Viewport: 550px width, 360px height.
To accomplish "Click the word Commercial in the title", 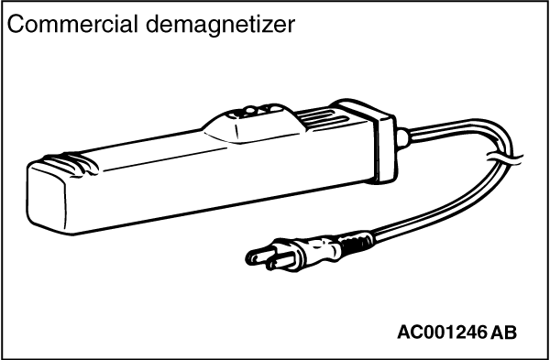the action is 72,25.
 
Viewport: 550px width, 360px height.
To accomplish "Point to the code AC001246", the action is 442,332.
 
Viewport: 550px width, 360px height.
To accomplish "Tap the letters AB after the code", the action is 504,332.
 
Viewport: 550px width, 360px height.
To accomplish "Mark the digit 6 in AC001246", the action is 481,332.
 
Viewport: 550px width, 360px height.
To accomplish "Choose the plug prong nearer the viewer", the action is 281,263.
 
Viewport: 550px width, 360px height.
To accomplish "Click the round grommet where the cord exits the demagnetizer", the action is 403,138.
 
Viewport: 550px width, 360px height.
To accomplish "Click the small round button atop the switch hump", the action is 249,111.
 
